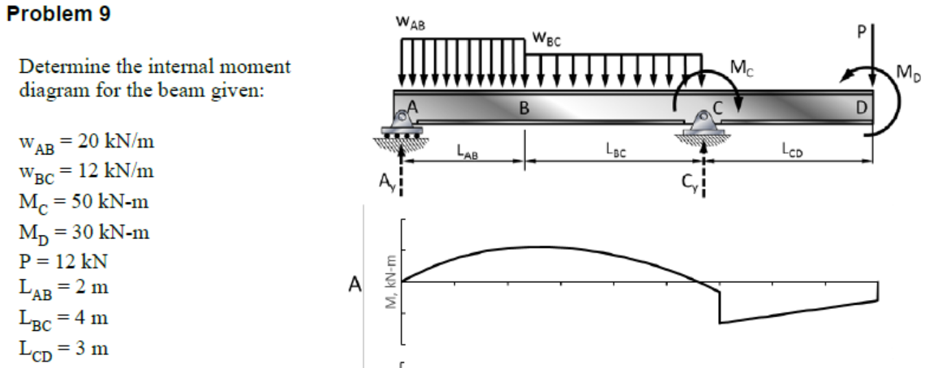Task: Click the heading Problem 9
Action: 58,15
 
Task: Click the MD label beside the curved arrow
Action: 905,71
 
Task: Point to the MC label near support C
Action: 741,68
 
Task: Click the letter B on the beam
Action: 524,108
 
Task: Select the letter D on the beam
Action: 860,108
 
